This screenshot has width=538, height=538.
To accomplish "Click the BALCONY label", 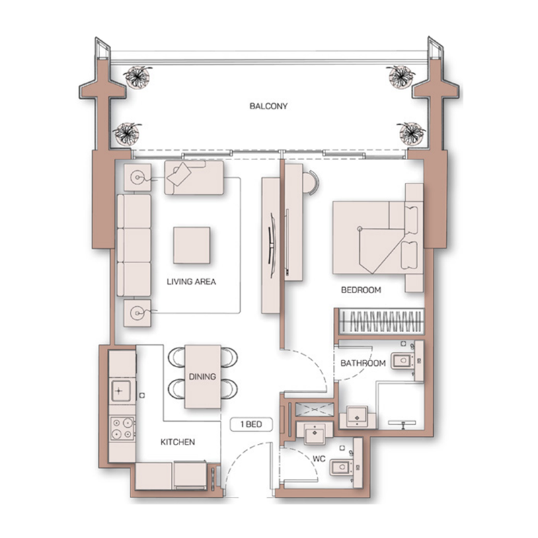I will click(268, 106).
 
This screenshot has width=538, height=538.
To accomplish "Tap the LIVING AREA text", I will click(191, 282).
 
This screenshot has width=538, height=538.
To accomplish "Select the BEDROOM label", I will click(360, 291).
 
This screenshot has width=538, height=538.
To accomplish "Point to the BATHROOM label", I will click(362, 363).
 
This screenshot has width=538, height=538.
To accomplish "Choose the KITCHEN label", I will click(178, 442).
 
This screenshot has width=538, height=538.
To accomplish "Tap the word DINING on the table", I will click(202, 377).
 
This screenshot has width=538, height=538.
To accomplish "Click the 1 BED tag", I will click(251, 424).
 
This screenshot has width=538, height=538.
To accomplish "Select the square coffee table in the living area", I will click(191, 245).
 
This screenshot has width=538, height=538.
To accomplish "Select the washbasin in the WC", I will click(314, 434).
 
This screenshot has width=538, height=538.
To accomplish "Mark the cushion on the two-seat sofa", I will click(180, 175).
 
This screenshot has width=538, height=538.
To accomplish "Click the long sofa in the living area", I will click(133, 245).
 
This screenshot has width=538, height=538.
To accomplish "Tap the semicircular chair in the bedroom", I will click(311, 182).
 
